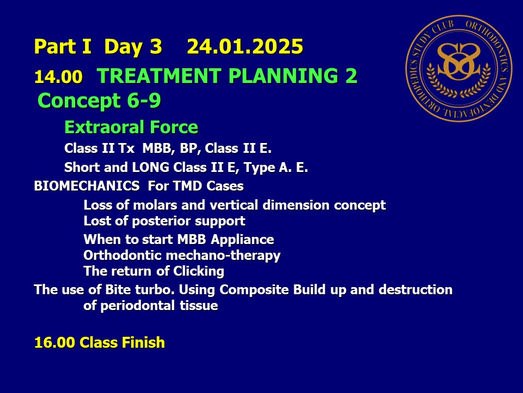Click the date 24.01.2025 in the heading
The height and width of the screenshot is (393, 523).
(x=245, y=46)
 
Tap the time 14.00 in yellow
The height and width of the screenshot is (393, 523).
(x=58, y=77)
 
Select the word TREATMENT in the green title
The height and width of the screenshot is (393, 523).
(x=159, y=75)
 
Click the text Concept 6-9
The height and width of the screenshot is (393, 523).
(x=99, y=100)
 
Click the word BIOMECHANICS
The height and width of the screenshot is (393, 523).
(x=87, y=186)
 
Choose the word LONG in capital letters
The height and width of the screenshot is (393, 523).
(x=151, y=167)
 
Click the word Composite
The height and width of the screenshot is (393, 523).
(x=254, y=290)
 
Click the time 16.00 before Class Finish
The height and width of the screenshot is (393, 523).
(x=54, y=343)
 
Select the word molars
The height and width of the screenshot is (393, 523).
(x=155, y=205)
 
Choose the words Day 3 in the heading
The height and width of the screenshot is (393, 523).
(x=133, y=46)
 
